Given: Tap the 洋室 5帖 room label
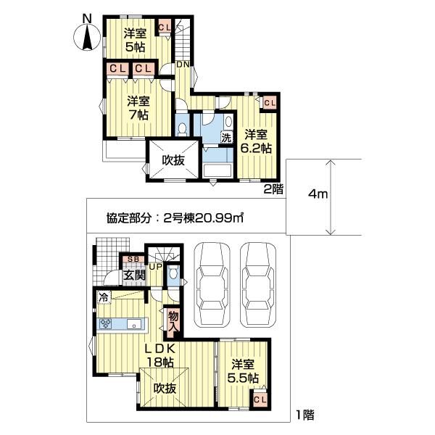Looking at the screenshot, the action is pos(135,41).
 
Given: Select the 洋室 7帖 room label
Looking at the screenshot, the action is pos(138,107).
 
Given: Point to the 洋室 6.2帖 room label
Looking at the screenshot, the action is pos(256,141).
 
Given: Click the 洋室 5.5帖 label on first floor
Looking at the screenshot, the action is pos(243,371).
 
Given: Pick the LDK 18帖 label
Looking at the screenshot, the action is pos(160,355).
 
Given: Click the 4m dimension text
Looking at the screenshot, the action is pos(318,194).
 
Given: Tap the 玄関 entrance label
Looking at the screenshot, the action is pos(134,275).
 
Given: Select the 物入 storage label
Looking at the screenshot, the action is pos(173,320).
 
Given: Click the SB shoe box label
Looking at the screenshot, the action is pos(133,260).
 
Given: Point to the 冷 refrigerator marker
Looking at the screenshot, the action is pos(104,298).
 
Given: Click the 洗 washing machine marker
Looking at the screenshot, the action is pos(226,137).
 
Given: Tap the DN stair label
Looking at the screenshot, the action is pos(183,65).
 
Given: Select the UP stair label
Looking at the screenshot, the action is pos(156,267).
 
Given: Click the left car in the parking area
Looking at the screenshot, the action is pos(212,285).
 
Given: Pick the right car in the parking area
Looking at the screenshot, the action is pos(258,285).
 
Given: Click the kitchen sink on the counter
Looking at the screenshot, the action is pos(134,324).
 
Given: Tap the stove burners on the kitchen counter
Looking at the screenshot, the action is pos(105,324).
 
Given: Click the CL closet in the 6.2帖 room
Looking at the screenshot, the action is pos(270,103).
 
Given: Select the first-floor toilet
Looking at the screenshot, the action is pos(174,273).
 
